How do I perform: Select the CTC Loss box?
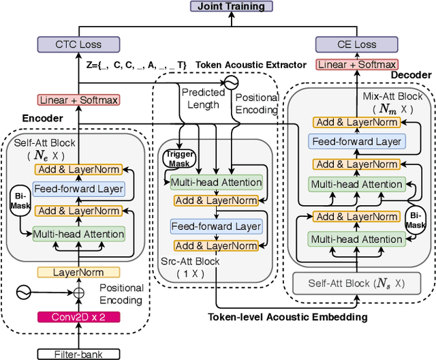pyautogui.click(x=78, y=44)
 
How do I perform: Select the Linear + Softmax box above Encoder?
pyautogui.click(x=78, y=100)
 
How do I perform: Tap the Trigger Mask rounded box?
pyautogui.click(x=178, y=157)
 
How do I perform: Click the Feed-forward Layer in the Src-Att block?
pyautogui.click(x=215, y=226)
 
